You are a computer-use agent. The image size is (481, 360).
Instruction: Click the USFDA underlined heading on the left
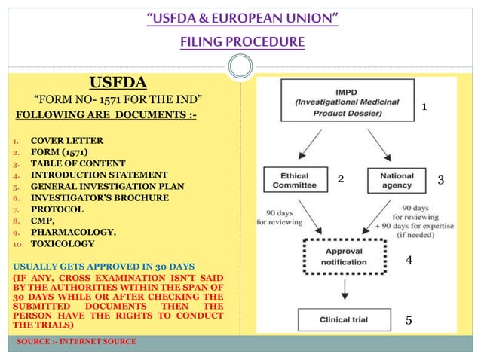click(118, 81)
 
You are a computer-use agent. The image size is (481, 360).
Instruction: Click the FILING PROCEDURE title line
click(241, 41)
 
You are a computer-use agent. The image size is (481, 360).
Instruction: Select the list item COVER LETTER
click(66, 141)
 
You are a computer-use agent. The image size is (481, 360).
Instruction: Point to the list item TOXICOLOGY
click(63, 243)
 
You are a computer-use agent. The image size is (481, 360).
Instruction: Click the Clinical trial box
click(343, 319)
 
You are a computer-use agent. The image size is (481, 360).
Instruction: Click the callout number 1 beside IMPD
click(424, 108)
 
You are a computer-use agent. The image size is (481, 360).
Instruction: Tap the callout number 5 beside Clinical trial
click(409, 320)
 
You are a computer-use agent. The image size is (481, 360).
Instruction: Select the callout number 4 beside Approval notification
click(409, 260)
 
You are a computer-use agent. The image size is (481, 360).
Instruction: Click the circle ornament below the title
click(240, 67)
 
